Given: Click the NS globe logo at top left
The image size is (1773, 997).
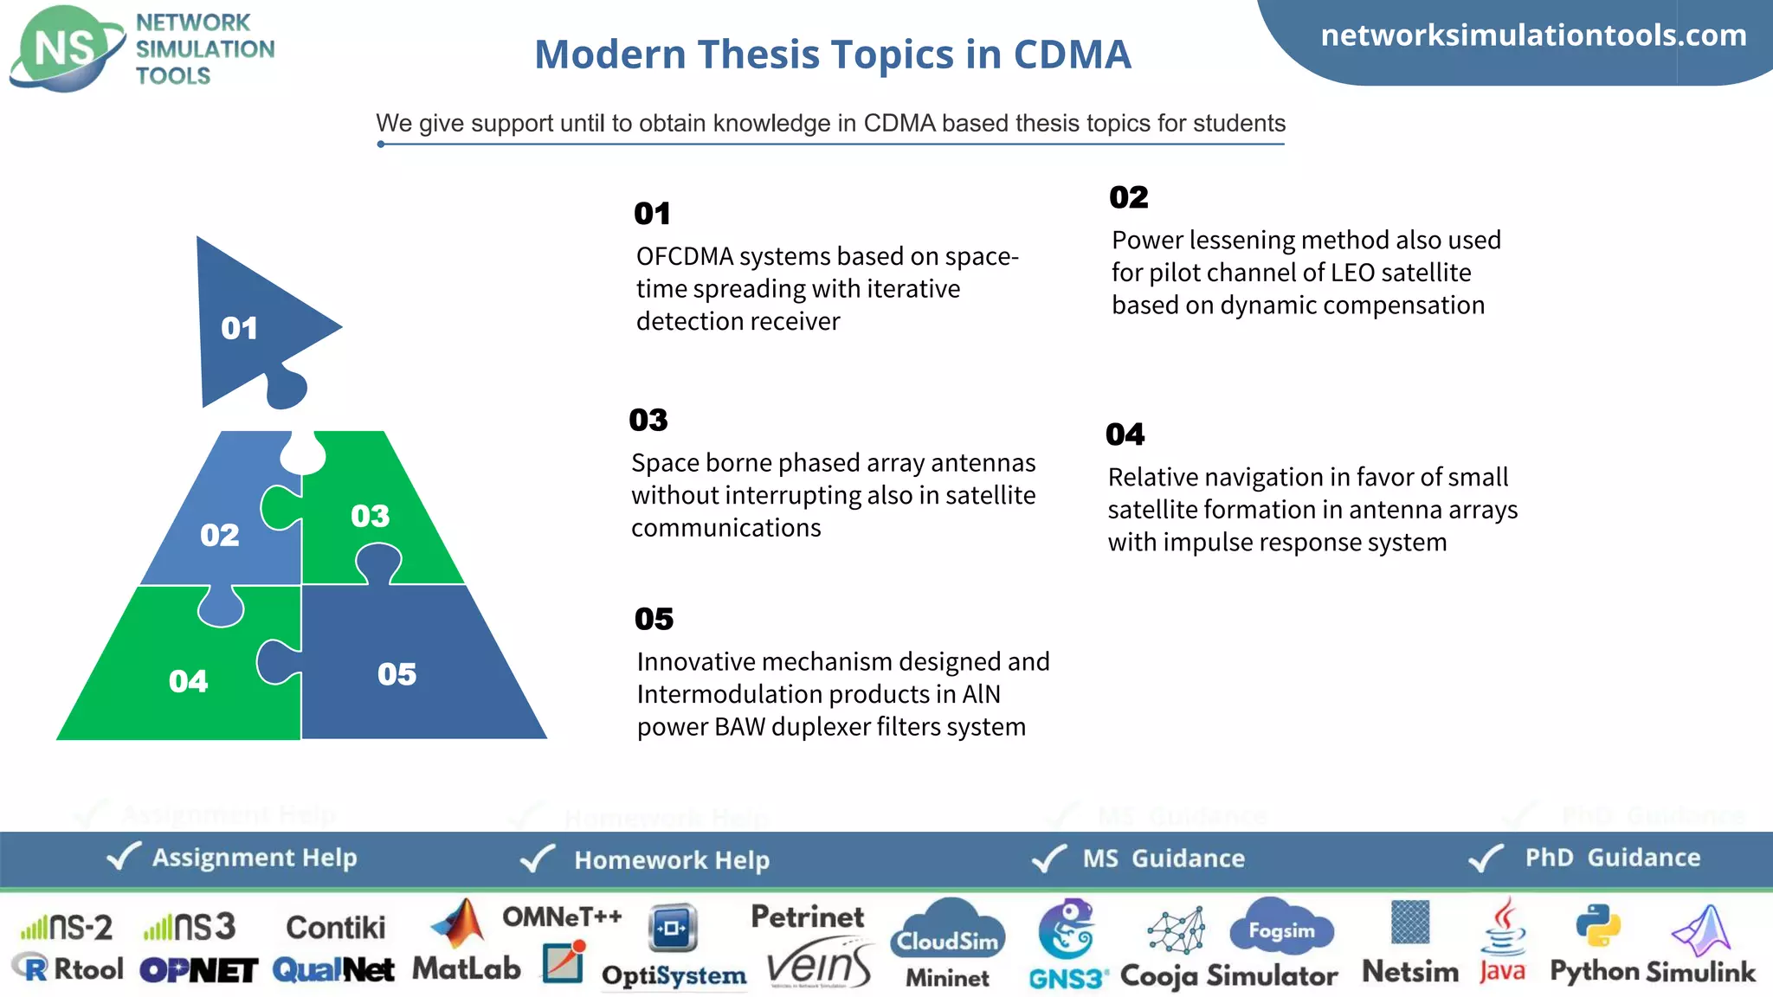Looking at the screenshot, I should pyautogui.click(x=66, y=48).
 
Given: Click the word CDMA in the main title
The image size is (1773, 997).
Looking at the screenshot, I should pyautogui.click(x=1072, y=55).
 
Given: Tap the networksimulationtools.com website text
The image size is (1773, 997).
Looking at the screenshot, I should pyautogui.click(x=1533, y=35).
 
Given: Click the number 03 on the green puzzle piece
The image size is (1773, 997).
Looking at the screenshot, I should pyautogui.click(x=370, y=516).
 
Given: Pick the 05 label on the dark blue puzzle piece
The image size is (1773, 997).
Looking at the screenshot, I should pyautogui.click(x=397, y=674).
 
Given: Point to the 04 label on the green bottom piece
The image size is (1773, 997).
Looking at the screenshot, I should pyautogui.click(x=188, y=681).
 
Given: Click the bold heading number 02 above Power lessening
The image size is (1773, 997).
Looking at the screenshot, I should pyautogui.click(x=1128, y=197).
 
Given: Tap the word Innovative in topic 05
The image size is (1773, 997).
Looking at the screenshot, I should pyautogui.click(x=696, y=662).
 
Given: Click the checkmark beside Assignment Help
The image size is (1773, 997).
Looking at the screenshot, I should pyautogui.click(x=123, y=857).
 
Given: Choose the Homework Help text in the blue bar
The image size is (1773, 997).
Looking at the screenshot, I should pyautogui.click(x=672, y=859).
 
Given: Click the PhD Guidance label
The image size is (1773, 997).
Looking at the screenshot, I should pyautogui.click(x=1612, y=858).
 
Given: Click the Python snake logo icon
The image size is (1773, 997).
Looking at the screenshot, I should pyautogui.click(x=1597, y=926).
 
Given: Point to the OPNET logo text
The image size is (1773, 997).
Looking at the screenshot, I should pyautogui.click(x=198, y=970).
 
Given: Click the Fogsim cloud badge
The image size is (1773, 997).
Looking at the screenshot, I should pyautogui.click(x=1281, y=929).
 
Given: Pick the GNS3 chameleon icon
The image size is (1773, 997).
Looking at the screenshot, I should pyautogui.click(x=1067, y=928).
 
